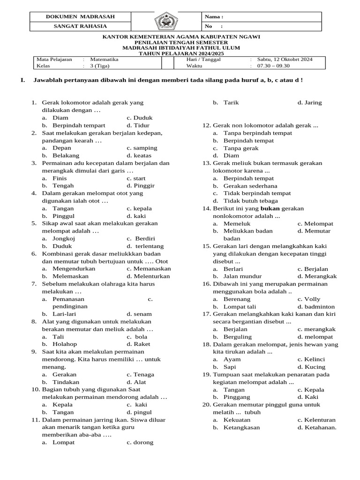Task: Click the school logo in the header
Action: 165,22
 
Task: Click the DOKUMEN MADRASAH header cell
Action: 80,17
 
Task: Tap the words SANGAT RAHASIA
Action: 80,26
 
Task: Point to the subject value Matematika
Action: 104,60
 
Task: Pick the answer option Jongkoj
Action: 64,238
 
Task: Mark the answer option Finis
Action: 60,178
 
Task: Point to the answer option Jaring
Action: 313,103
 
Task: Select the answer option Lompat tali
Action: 240,307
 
